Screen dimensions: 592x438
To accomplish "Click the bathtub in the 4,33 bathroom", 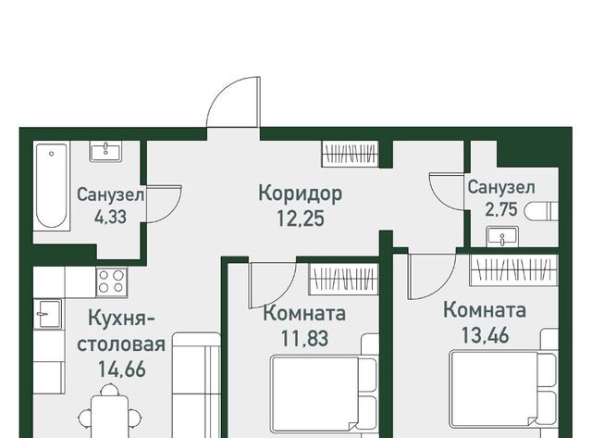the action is click(52, 186).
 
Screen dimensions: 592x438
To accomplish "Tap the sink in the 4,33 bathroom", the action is click(105, 152).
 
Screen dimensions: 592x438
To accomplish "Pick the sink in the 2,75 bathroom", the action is click(502, 237).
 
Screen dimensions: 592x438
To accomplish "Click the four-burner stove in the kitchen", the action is click(111, 282).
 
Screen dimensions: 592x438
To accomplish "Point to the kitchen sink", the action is click(48, 314).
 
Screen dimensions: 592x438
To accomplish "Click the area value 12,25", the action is click(301, 219).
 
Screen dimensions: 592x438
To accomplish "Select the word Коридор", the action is click(301, 194).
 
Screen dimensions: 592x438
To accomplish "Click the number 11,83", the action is click(304, 338).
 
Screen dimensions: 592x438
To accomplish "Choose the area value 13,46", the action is click(485, 335).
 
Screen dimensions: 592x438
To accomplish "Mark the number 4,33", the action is click(110, 218).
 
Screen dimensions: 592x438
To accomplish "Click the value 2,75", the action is click(501, 210).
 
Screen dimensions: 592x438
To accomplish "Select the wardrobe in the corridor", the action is click(350, 154).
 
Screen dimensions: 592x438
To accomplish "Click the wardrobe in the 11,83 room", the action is click(343, 279).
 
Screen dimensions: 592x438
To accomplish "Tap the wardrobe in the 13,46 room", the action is click(514, 269).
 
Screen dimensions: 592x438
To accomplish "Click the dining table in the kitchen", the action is click(109, 416).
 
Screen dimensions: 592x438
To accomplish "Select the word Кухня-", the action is click(121, 319).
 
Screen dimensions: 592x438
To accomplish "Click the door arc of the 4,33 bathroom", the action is click(176, 210).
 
